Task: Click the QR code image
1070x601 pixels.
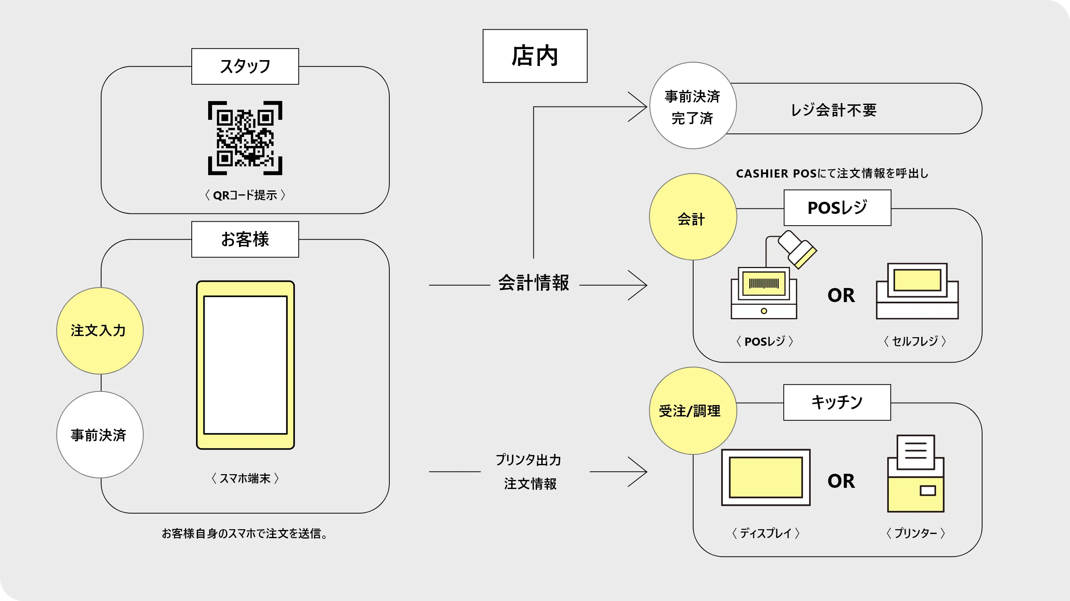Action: pyautogui.click(x=245, y=138)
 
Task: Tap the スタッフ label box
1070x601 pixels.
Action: pyautogui.click(x=245, y=66)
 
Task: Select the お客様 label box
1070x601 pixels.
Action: pyautogui.click(x=245, y=240)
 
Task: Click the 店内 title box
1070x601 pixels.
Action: pyautogui.click(x=535, y=56)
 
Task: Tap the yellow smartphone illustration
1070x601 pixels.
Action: pyautogui.click(x=245, y=365)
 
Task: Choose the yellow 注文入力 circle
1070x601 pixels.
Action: pyautogui.click(x=100, y=331)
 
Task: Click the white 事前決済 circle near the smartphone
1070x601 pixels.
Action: pyautogui.click(x=100, y=435)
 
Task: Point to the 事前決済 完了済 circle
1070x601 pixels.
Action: pyautogui.click(x=692, y=106)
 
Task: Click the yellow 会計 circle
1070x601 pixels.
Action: pyautogui.click(x=692, y=217)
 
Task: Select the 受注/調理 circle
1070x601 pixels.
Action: pyautogui.click(x=692, y=411)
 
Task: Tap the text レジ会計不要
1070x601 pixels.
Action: pyautogui.click(x=833, y=110)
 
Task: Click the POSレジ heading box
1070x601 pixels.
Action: pyautogui.click(x=837, y=208)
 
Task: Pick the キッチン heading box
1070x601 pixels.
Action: pyautogui.click(x=836, y=402)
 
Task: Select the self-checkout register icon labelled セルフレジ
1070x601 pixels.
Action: pyautogui.click(x=917, y=291)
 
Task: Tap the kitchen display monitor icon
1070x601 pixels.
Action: pyautogui.click(x=765, y=477)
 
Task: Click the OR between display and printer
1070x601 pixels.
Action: pyautogui.click(x=841, y=481)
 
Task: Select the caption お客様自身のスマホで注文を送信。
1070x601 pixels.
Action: pyautogui.click(x=245, y=533)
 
